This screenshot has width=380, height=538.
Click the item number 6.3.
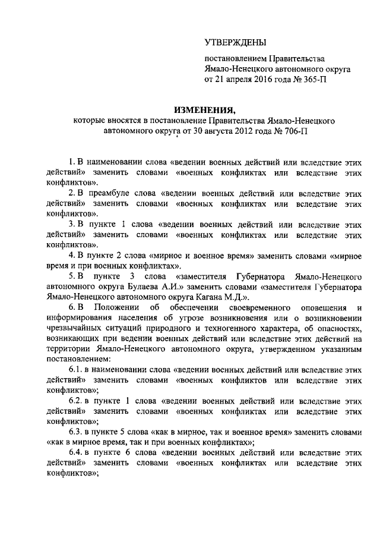point(76,432)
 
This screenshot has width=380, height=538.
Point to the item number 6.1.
point(76,370)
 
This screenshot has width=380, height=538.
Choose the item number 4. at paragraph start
point(71,256)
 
